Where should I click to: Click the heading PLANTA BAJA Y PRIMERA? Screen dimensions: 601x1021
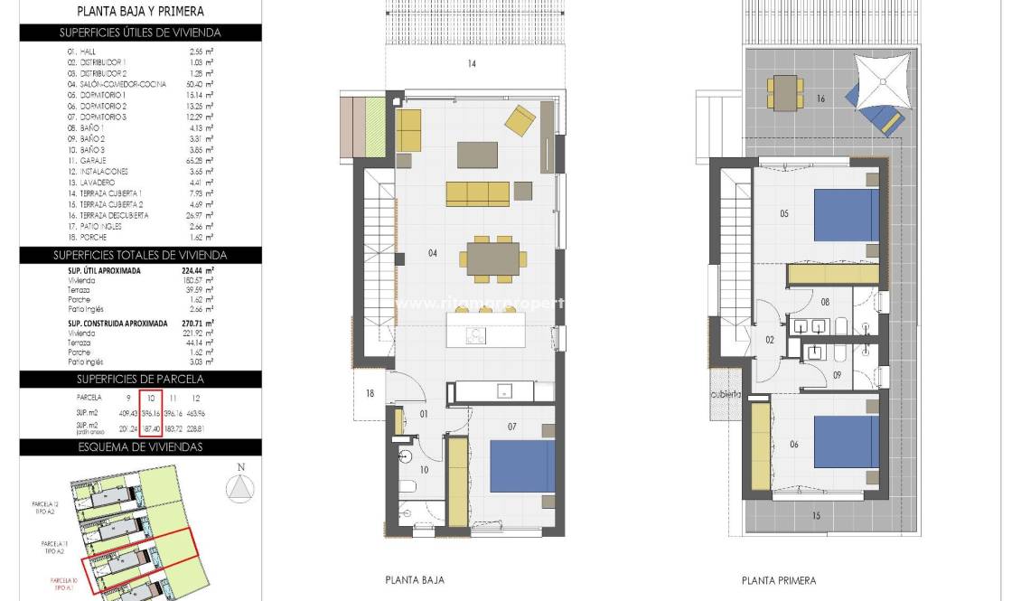point(140,12)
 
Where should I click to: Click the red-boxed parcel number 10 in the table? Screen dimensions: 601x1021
point(152,397)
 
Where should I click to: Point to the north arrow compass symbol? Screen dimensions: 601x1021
point(239,486)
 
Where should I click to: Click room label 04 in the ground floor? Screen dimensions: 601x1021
point(433,253)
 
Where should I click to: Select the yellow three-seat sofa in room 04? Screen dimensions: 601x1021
point(478,193)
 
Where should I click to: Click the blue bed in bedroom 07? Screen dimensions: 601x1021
point(522,466)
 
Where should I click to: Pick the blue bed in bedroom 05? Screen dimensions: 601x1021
point(846,214)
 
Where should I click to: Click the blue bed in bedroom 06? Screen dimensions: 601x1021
point(846,441)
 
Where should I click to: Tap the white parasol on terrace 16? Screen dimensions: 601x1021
point(882,80)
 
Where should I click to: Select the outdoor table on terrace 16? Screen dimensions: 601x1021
point(785,90)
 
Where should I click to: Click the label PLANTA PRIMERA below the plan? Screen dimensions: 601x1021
point(778,580)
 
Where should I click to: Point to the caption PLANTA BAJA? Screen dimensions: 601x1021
point(414,580)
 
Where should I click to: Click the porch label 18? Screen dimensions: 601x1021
point(370,393)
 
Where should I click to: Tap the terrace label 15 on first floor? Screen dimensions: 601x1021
point(816,516)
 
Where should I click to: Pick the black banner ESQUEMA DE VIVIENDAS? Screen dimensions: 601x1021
point(140,446)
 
